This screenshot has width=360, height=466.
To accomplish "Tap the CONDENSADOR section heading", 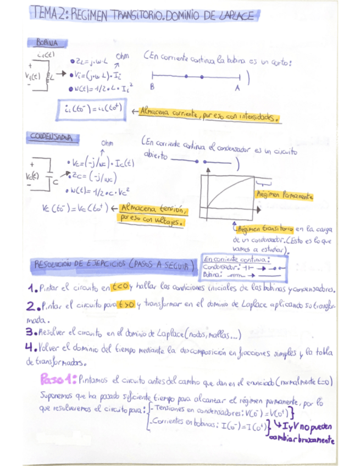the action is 53,137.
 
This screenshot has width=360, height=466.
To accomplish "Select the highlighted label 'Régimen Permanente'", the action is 284,195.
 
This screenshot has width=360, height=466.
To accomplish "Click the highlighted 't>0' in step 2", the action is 125,304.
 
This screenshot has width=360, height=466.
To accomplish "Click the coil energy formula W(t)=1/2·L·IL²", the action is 102,87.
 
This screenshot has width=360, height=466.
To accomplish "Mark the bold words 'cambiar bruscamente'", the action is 302,441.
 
